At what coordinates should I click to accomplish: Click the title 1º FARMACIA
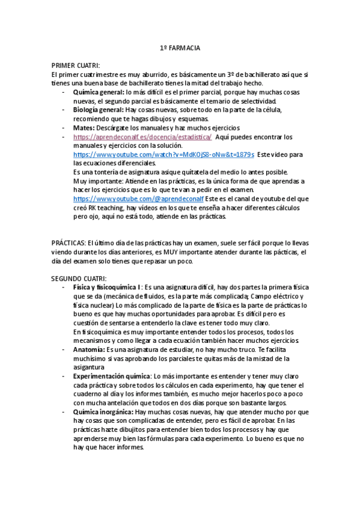pyautogui.click(x=180, y=48)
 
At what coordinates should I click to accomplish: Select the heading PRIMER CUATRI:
pyautogui.click(x=75, y=65)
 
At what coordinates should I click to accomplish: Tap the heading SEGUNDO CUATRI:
pyautogui.click(x=79, y=278)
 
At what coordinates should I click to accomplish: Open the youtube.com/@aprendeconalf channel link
pyautogui.click(x=139, y=198)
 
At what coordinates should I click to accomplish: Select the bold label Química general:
pyautogui.click(x=99, y=92)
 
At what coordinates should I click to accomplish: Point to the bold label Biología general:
pyautogui.click(x=99, y=110)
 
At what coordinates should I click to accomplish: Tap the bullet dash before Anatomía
pyautogui.click(x=64, y=349)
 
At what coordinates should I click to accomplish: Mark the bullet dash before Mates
pyautogui.click(x=64, y=127)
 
